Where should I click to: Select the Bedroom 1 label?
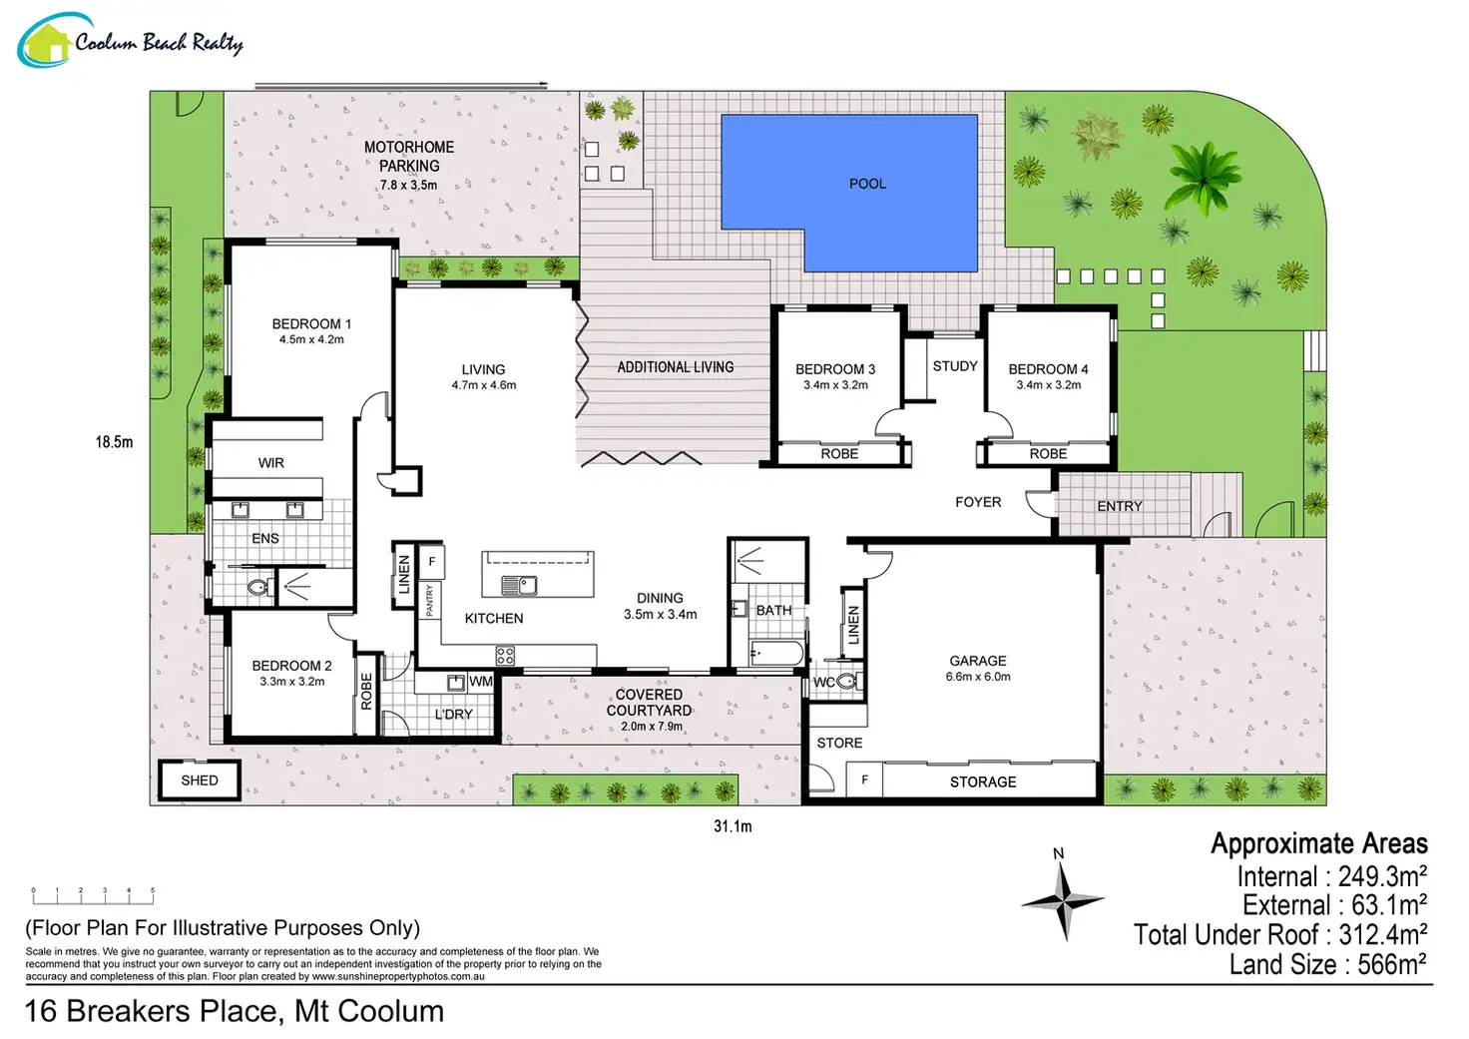tap(311, 324)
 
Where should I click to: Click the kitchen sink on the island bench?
tap(519, 585)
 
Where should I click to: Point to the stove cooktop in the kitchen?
tap(505, 655)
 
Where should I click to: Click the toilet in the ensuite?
tap(261, 587)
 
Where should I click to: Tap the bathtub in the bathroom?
tap(776, 654)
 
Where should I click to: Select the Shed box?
tap(200, 779)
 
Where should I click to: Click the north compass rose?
tap(1063, 900)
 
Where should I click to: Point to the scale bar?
tap(93, 896)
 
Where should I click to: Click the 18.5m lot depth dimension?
tap(114, 442)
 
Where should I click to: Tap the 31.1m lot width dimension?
tap(733, 826)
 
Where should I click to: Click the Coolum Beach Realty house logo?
tap(45, 41)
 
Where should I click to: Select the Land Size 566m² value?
tap(1328, 964)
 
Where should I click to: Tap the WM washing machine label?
tap(481, 682)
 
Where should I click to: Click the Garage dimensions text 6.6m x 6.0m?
tap(978, 677)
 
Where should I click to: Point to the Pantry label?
tap(429, 601)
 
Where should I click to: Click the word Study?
tap(955, 366)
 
